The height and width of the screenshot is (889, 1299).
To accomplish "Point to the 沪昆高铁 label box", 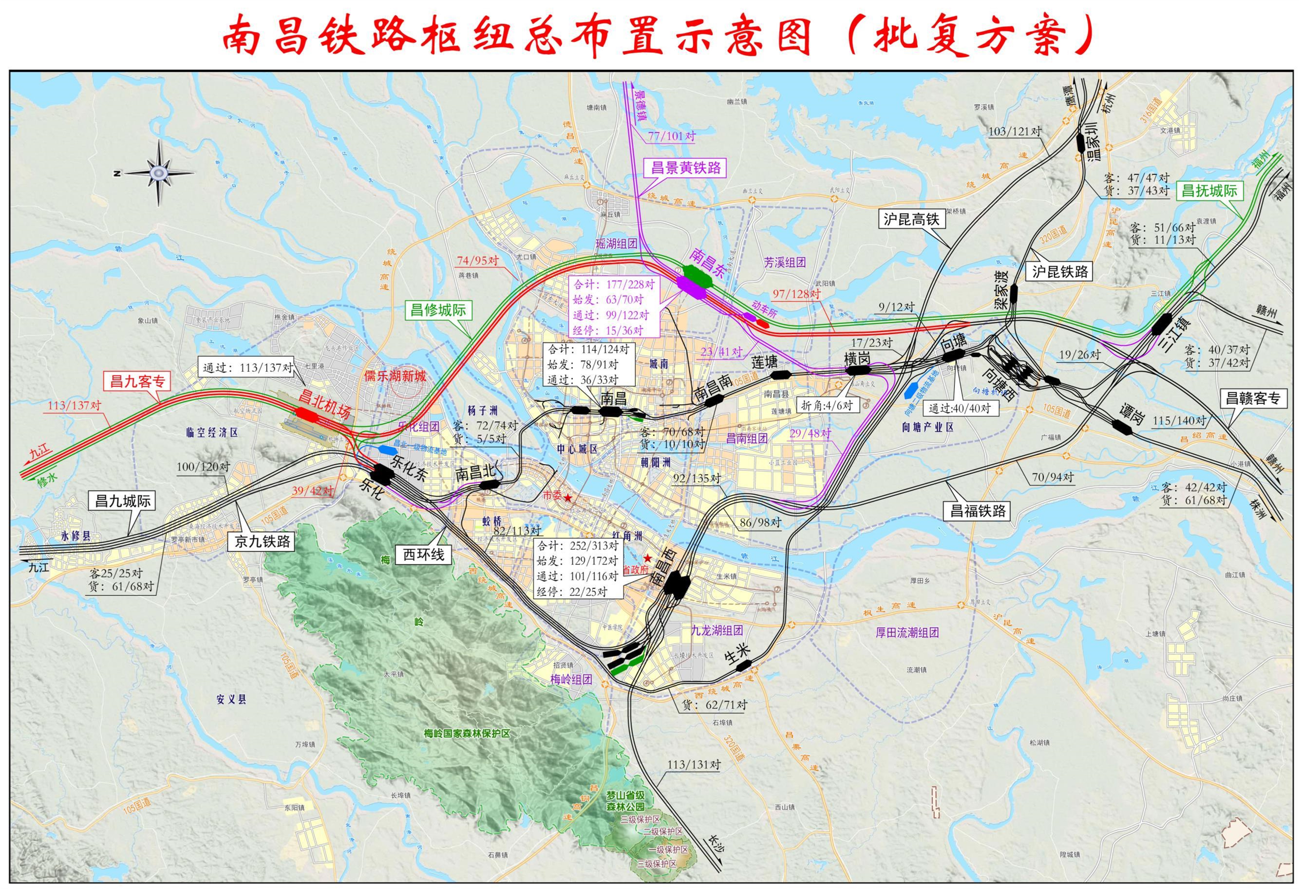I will point(911,219).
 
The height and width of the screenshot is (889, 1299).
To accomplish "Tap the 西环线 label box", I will point(424,554).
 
